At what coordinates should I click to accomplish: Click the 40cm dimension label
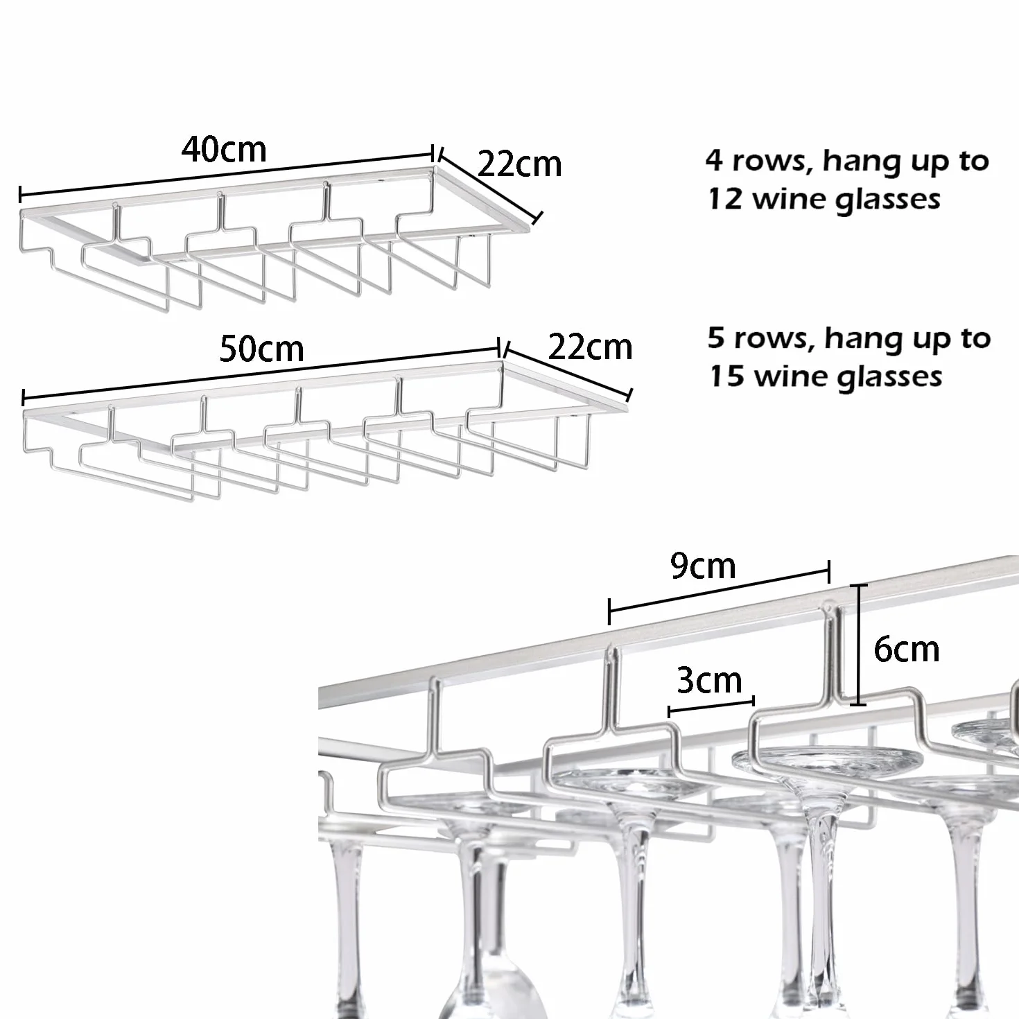pyautogui.click(x=224, y=150)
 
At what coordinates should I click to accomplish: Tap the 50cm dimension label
pyautogui.click(x=262, y=349)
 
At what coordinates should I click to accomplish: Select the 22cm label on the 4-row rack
pyautogui.click(x=519, y=164)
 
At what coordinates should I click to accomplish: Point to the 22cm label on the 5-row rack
pyautogui.click(x=590, y=347)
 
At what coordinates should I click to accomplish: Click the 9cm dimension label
pyautogui.click(x=703, y=567)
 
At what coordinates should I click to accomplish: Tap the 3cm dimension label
pyautogui.click(x=710, y=681)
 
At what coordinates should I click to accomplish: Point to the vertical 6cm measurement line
pyautogui.click(x=858, y=645)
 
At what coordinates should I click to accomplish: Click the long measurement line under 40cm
pyautogui.click(x=227, y=175)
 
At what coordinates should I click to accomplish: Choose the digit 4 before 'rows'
pyautogui.click(x=715, y=161)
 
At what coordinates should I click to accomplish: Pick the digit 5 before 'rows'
pyautogui.click(x=716, y=338)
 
